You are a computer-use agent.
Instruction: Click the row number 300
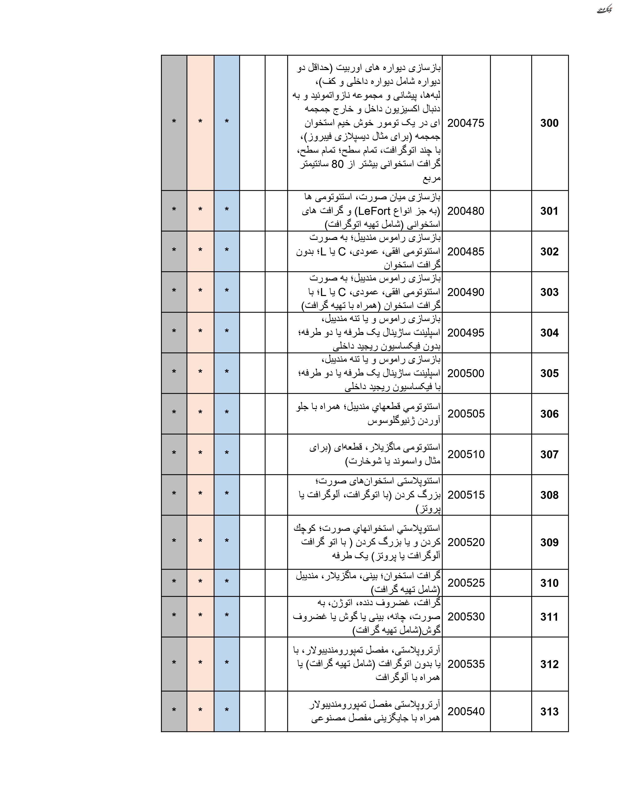point(549,123)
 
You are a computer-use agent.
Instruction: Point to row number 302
point(549,252)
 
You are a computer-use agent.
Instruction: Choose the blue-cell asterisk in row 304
point(227,331)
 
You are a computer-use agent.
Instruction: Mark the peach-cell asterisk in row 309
point(200,541)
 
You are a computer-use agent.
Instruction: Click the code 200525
point(466,583)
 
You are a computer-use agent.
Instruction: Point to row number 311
point(549,617)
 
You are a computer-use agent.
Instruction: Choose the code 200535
point(466,664)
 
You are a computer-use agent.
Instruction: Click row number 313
point(549,712)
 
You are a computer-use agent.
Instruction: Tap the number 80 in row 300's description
point(337,164)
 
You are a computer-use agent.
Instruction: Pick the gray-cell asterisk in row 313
point(174,710)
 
